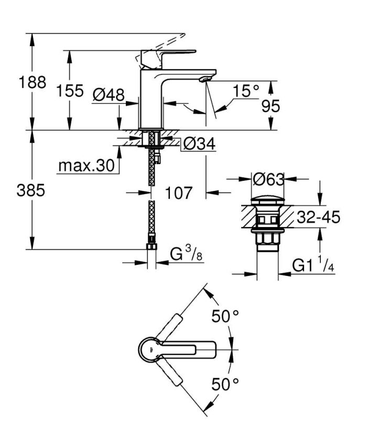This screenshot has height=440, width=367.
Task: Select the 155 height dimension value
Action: click(70, 91)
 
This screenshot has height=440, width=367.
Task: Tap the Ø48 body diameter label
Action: click(108, 94)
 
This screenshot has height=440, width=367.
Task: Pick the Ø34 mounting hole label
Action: click(200, 144)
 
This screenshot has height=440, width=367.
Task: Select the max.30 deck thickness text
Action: click(86, 166)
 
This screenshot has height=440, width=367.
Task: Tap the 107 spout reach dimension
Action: click(178, 193)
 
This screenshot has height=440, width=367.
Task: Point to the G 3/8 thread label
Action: click(185, 255)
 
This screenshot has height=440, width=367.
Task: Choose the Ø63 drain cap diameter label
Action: click(268, 179)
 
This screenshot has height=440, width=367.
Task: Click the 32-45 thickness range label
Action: click(314, 217)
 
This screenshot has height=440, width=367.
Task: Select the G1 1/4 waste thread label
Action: click(314, 266)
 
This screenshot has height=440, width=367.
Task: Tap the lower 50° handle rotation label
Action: click(225, 384)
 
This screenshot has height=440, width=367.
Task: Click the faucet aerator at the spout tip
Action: click(204, 79)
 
